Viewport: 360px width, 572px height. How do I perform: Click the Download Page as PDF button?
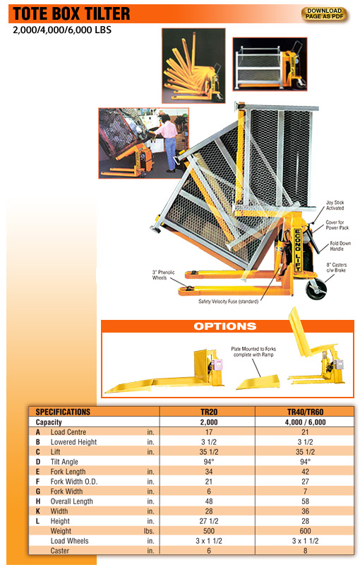tap(324, 13)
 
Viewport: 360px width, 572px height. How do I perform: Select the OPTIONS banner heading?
tap(225, 326)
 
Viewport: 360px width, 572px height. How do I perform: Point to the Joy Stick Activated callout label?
tap(335, 205)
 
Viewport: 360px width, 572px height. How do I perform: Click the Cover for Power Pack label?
tap(335, 225)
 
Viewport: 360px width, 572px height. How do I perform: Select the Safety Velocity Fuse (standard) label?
tap(228, 302)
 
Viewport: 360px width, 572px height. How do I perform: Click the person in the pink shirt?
tap(167, 145)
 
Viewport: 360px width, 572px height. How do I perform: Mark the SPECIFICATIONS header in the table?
tap(63, 411)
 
